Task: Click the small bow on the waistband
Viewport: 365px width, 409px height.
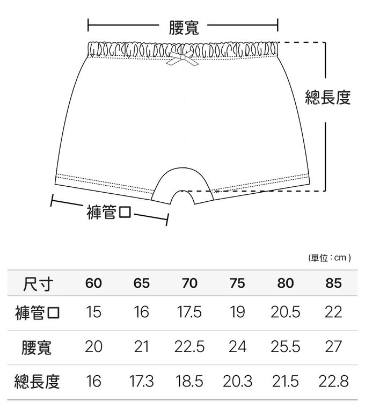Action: pyautogui.click(x=182, y=59)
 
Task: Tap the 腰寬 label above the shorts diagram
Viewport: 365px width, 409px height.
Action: pyautogui.click(x=184, y=28)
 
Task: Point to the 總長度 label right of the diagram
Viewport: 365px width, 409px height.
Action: pyautogui.click(x=327, y=97)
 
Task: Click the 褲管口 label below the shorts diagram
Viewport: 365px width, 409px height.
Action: pyautogui.click(x=109, y=212)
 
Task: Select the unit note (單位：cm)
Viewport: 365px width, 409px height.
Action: pyautogui.click(x=330, y=258)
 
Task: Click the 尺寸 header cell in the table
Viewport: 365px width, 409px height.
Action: pyautogui.click(x=38, y=283)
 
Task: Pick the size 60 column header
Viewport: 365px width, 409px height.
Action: pyautogui.click(x=93, y=283)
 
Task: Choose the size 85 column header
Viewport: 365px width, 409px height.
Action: pyautogui.click(x=333, y=283)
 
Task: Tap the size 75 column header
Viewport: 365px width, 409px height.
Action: pyautogui.click(x=237, y=283)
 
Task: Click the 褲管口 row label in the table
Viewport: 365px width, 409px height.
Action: pyautogui.click(x=38, y=313)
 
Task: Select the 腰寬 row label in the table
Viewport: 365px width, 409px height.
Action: pyautogui.click(x=36, y=347)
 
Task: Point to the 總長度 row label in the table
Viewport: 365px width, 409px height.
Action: pyautogui.click(x=37, y=381)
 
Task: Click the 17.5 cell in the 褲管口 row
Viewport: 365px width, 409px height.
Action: pyautogui.click(x=189, y=312)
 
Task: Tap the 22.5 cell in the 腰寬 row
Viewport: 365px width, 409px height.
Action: pyautogui.click(x=189, y=347)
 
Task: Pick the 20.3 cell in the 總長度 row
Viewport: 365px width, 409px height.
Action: pyautogui.click(x=237, y=381)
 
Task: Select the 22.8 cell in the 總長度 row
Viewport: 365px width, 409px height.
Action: pyautogui.click(x=333, y=381)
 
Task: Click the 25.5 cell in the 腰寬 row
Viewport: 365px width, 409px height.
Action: pyautogui.click(x=286, y=347)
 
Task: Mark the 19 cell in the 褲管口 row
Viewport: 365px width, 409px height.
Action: pyautogui.click(x=237, y=312)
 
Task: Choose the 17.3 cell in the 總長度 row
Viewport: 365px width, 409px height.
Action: pyautogui.click(x=141, y=381)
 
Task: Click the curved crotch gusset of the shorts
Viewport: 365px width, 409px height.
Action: pyautogui.click(x=182, y=182)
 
